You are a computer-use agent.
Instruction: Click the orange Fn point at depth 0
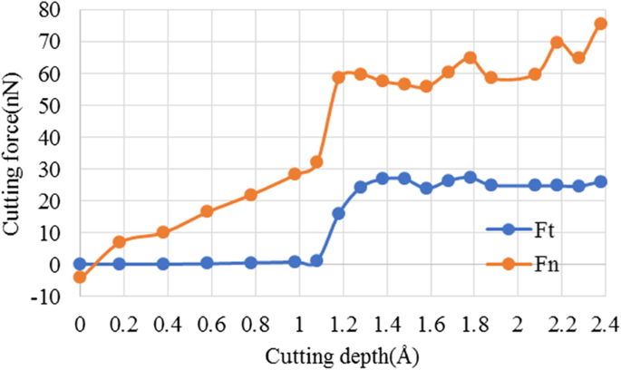tap(80, 277)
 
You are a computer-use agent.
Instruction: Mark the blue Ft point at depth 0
tap(80, 264)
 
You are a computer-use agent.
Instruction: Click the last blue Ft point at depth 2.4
tap(600, 181)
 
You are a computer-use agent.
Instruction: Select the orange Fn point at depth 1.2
tap(338, 77)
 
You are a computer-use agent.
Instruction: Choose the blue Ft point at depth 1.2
tap(338, 213)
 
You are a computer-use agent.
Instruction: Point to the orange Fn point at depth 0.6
tap(207, 211)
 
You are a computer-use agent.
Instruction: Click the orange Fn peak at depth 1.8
tap(470, 57)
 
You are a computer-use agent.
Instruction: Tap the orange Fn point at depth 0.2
tap(119, 242)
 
